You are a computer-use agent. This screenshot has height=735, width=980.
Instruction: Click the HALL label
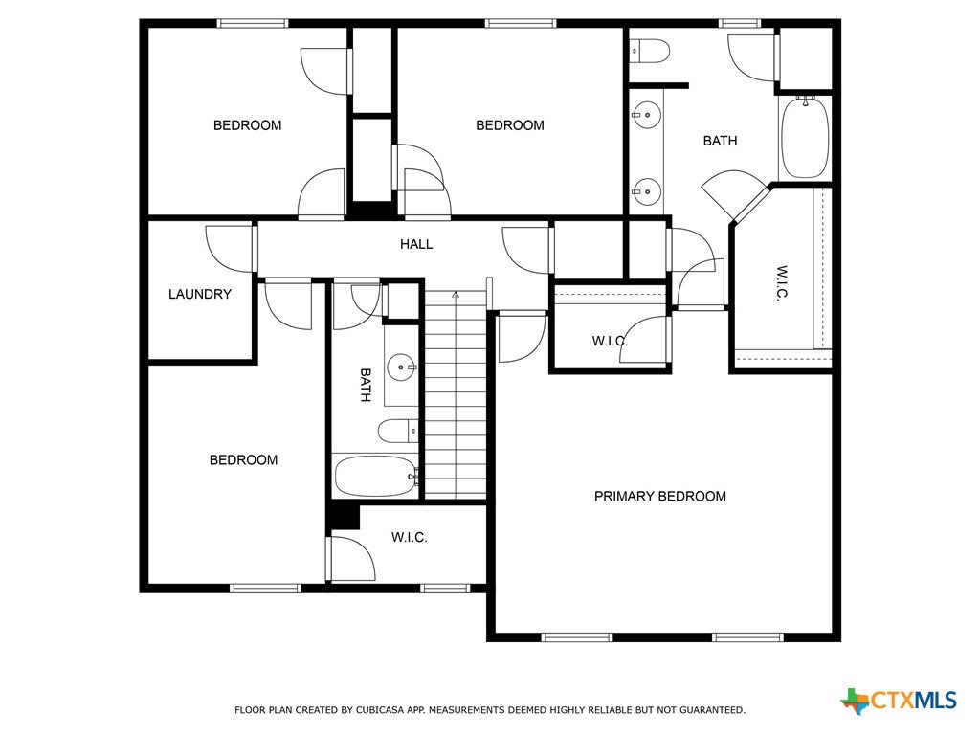click(416, 244)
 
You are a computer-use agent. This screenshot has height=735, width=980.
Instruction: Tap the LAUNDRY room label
click(200, 294)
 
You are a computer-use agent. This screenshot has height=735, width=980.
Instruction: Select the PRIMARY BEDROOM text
click(660, 497)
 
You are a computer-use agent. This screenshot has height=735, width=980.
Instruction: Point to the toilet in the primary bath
click(649, 51)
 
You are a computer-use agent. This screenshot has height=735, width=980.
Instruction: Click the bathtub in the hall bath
click(375, 477)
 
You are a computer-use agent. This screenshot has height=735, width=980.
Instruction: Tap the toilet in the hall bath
click(397, 431)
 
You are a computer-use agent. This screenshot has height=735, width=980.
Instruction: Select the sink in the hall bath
click(400, 367)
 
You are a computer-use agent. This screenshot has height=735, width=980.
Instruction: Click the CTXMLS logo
click(899, 700)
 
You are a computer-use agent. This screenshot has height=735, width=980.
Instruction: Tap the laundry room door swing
click(230, 248)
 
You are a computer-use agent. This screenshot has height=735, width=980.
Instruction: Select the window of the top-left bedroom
click(253, 24)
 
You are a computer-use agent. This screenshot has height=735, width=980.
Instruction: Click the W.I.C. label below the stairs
click(410, 538)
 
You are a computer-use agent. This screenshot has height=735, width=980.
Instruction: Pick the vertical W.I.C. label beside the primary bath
click(782, 283)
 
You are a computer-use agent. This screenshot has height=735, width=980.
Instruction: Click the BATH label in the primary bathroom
click(720, 142)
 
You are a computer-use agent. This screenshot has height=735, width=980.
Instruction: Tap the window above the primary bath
click(740, 24)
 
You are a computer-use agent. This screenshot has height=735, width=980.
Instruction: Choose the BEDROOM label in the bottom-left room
click(244, 460)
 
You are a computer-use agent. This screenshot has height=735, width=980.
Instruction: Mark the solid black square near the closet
click(344, 516)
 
